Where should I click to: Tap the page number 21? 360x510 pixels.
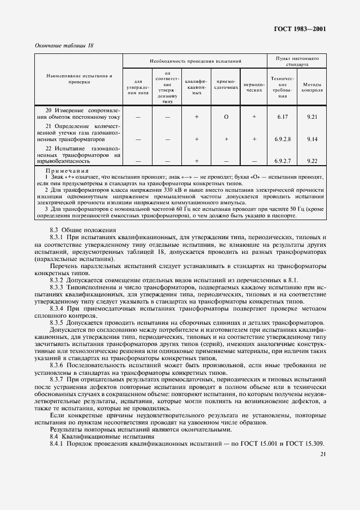[323, 454]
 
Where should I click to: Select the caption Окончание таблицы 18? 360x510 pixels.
[64, 46]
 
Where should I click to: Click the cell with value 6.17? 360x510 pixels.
[282, 117]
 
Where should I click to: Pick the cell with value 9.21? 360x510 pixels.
[312, 117]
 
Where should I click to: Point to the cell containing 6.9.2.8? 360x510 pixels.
[282, 139]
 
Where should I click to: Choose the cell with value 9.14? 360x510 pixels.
[312, 139]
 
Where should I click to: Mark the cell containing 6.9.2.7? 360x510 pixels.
[282, 161]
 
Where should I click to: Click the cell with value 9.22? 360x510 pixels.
[312, 161]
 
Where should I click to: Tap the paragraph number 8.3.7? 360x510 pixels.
[58, 378]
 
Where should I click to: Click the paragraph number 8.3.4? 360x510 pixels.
[58, 308]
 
